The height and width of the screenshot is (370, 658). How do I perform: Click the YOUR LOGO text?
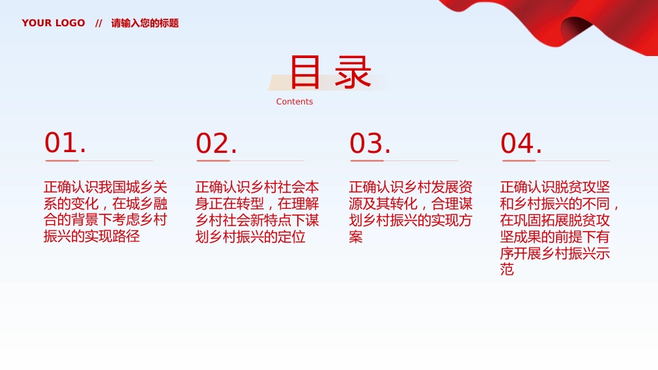53,23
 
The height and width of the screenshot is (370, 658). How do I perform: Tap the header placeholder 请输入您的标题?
145,23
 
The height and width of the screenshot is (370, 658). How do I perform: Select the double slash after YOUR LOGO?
98,24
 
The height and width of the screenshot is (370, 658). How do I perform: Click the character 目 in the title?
305,72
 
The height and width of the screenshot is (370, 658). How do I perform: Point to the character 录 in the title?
353,72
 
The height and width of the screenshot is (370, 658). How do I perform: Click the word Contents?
294,102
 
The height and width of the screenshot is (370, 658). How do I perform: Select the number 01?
65,142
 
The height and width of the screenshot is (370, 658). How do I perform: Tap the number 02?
216,143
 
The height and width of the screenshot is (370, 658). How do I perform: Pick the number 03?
370,143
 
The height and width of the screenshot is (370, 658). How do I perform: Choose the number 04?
521,143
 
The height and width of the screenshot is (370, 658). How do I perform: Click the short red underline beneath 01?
62,160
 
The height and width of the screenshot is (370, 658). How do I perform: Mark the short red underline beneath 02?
213,160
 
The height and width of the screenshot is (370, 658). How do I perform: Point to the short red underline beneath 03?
367,160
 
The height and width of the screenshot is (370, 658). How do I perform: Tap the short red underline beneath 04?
519,160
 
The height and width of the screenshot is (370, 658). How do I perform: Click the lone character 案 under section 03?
355,237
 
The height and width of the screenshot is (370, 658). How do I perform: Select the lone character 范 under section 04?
507,270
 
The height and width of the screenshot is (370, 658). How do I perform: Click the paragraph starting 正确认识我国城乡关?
105,212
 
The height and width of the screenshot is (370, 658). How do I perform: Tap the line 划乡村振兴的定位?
250,237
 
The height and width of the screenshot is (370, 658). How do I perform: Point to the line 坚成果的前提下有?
555,237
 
